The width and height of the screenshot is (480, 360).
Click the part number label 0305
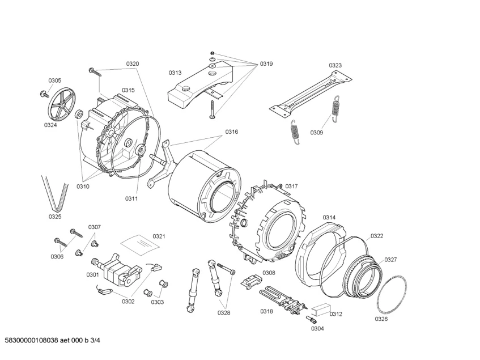55,81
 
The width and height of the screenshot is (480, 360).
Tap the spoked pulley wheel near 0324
62,105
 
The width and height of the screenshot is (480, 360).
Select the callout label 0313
175,73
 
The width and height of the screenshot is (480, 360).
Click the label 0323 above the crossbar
335,65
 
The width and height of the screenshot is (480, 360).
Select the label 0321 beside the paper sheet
159,236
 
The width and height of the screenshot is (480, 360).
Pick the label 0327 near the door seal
390,260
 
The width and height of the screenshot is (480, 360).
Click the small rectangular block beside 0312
320,310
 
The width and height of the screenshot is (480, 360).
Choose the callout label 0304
317,328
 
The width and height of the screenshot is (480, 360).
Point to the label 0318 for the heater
266,311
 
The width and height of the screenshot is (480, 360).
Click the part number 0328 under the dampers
224,312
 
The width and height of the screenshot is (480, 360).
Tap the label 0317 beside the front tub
291,186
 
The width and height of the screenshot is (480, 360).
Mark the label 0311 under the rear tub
131,198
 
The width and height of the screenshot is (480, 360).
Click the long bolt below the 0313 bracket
211,109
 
